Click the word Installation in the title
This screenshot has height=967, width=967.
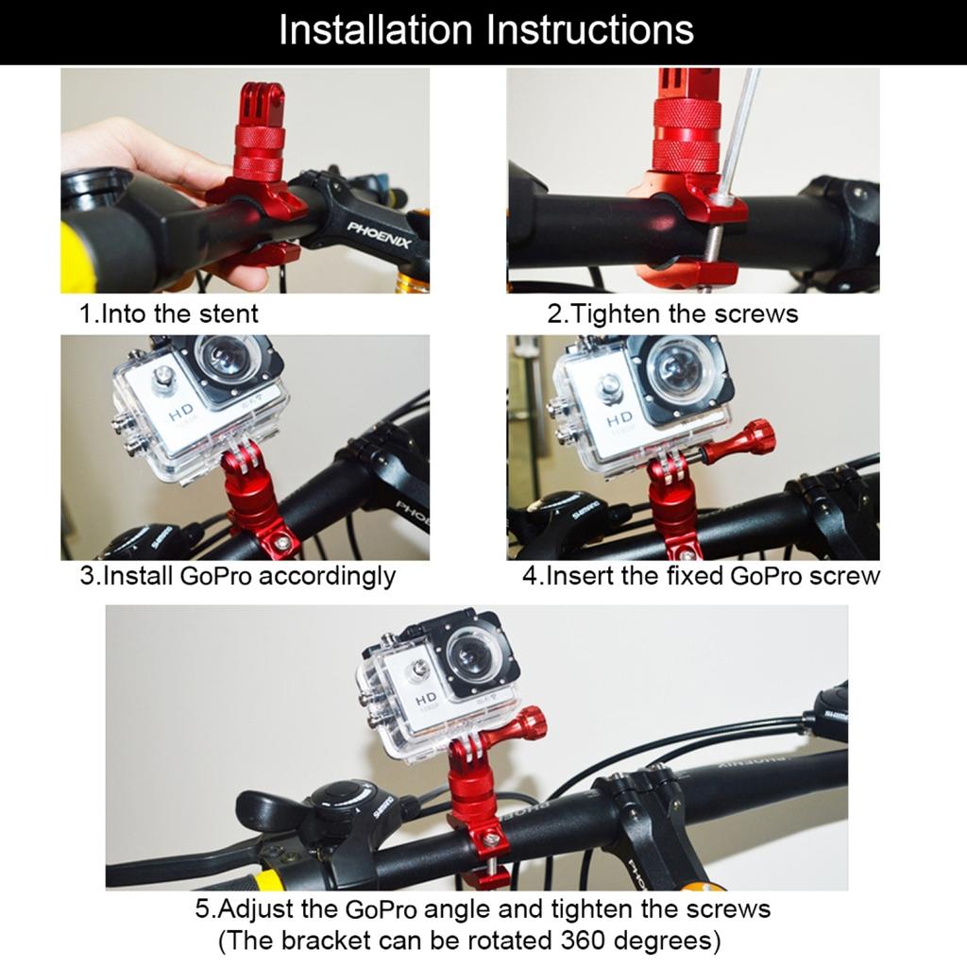(x=377, y=30)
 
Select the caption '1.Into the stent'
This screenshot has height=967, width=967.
(x=168, y=313)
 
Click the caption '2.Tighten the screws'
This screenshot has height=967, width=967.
(x=672, y=314)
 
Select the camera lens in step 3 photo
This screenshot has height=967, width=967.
(x=224, y=359)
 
